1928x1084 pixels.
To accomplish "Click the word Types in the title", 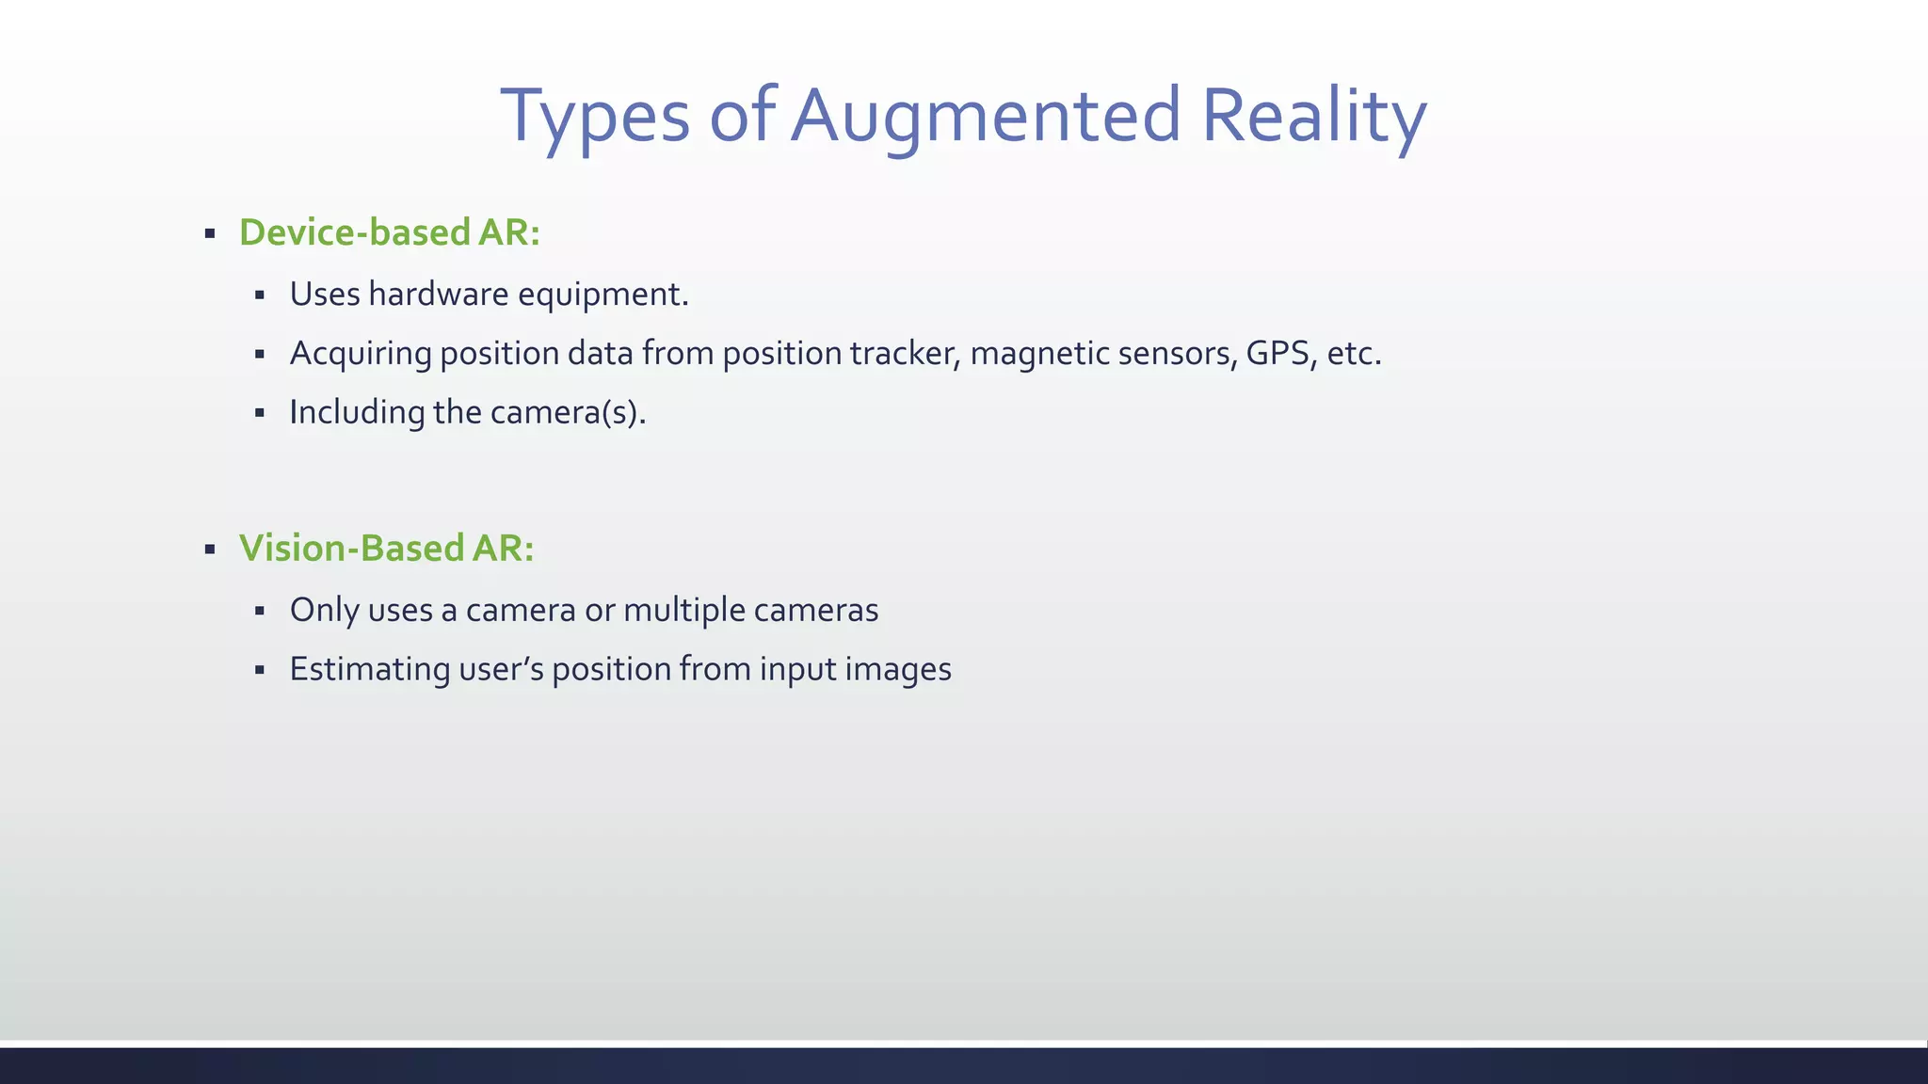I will (x=595, y=117).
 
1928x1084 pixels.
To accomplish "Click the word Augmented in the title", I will (x=985, y=117).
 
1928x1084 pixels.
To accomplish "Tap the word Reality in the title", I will (x=1314, y=117).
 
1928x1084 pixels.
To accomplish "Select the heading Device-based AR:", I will (x=390, y=232).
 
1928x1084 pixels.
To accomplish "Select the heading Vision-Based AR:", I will (x=386, y=549).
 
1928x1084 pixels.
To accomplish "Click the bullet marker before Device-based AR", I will (x=210, y=233).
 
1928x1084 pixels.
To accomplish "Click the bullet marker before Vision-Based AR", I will (x=210, y=550).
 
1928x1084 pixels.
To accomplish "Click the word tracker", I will (x=905, y=354).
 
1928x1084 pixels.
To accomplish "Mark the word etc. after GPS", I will (x=1354, y=354).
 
